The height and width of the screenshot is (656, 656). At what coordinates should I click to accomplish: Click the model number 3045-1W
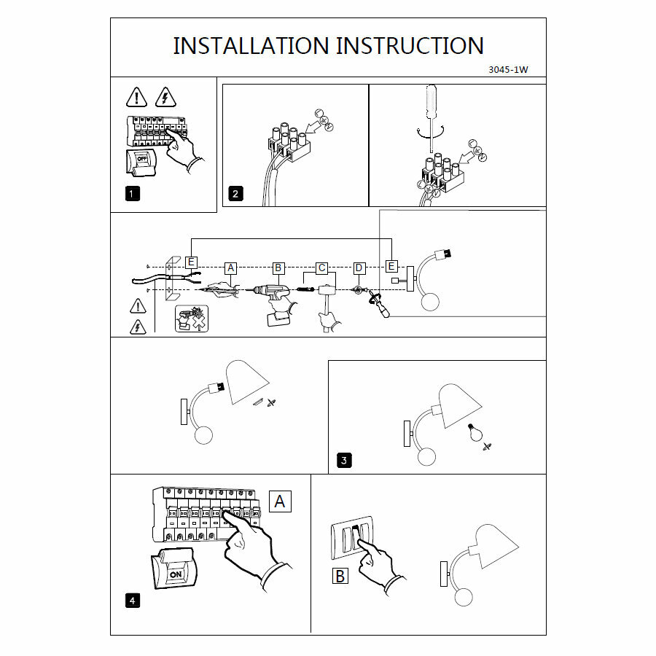click(507, 71)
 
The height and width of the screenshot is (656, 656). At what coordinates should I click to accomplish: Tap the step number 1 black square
click(131, 194)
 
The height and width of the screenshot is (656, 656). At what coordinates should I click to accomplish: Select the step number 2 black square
click(235, 194)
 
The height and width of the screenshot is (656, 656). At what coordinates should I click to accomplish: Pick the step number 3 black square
click(344, 460)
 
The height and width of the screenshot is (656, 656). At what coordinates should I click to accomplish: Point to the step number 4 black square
click(132, 601)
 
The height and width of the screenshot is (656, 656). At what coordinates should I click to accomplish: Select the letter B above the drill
click(278, 268)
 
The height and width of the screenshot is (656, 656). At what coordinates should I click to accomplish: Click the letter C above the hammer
click(321, 268)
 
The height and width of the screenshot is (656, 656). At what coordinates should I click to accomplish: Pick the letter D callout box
click(359, 268)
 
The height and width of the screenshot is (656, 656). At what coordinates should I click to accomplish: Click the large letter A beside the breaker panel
click(280, 501)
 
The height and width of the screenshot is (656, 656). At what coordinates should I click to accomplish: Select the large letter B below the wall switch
click(340, 576)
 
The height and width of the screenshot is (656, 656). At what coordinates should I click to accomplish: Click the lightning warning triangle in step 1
click(166, 97)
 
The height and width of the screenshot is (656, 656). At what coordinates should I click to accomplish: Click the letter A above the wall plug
click(231, 268)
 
